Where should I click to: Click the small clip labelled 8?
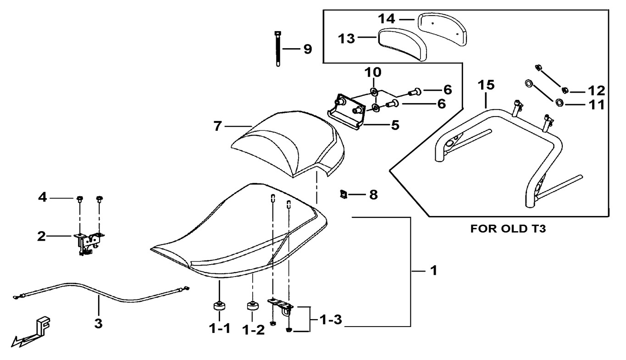pos(342,195)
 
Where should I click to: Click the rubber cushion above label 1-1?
pos(219,306)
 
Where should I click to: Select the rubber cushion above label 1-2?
pos(252,305)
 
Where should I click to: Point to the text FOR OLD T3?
pos(508,229)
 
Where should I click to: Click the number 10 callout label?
pos(373,72)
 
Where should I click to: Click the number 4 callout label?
pos(42,199)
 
